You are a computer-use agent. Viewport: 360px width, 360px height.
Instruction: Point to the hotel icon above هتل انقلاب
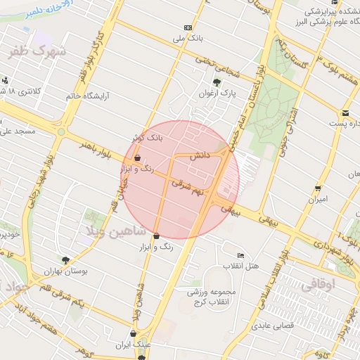click(x=241, y=256)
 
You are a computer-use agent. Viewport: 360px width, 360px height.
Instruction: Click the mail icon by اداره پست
click(x=346, y=113)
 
